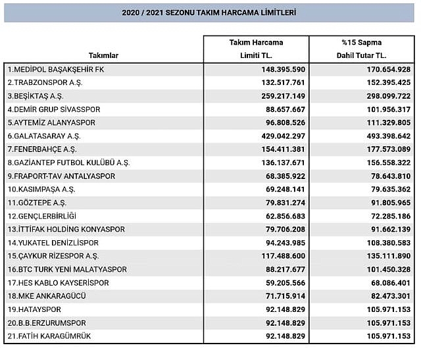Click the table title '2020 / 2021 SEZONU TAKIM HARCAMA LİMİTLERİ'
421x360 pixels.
coord(209,13)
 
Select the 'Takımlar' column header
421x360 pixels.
coord(103,56)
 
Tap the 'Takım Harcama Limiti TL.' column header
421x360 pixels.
coord(256,48)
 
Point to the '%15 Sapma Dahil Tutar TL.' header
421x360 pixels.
coord(361,48)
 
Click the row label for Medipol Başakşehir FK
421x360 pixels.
coord(56,69)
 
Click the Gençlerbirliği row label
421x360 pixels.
coord(42,216)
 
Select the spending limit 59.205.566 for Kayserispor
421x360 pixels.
coord(280,283)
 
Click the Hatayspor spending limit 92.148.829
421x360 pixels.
coord(280,310)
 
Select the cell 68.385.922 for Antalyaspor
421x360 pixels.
coord(280,176)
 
